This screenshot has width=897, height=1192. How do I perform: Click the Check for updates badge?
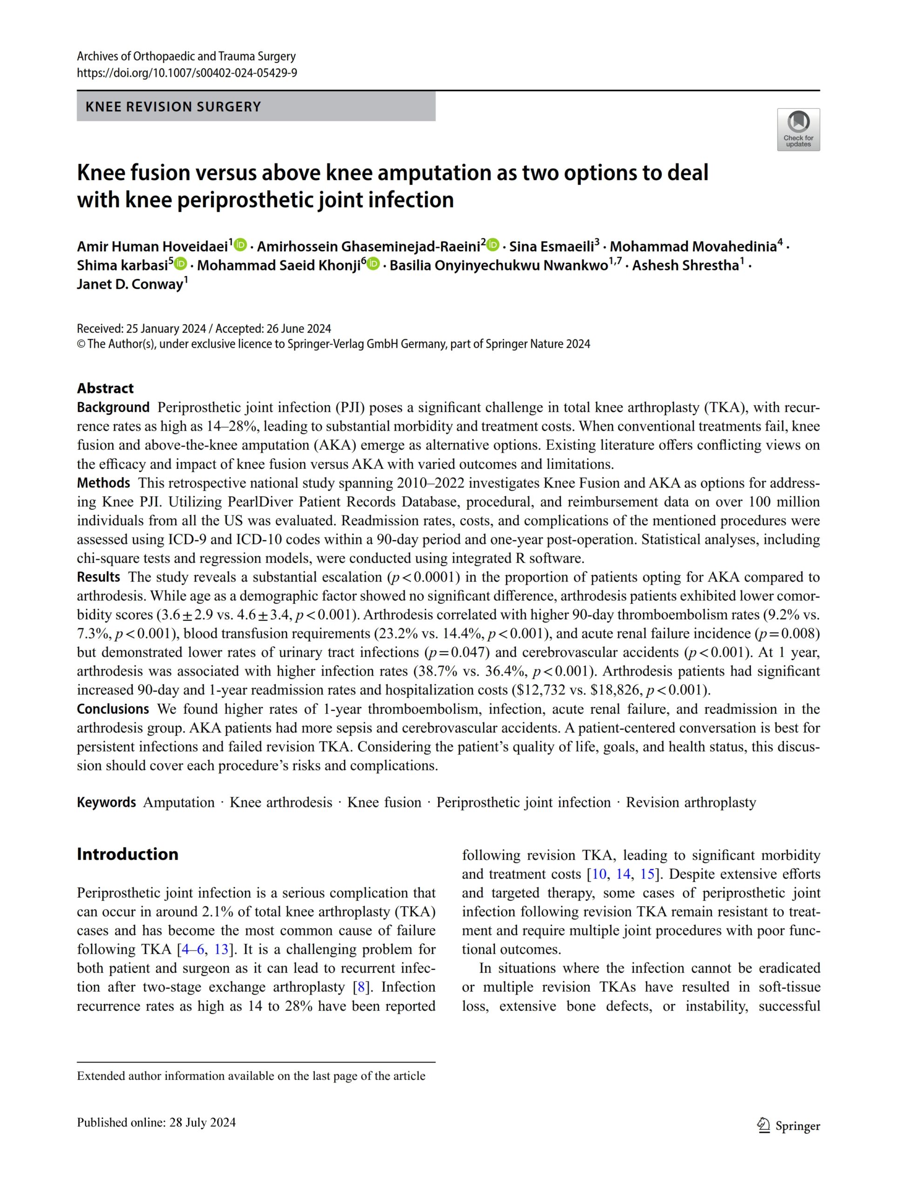[798, 129]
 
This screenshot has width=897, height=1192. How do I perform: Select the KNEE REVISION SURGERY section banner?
[256, 107]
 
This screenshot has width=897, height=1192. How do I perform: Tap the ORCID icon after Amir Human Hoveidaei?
[240, 245]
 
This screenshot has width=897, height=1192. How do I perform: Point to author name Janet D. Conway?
[130, 284]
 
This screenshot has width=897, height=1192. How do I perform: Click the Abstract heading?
[105, 388]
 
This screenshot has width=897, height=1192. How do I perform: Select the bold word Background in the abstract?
[113, 407]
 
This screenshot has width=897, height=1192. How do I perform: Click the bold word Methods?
[103, 483]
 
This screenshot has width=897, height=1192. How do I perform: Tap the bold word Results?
[99, 577]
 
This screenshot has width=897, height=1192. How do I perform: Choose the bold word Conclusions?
[113, 709]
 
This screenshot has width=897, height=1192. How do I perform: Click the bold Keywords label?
[106, 802]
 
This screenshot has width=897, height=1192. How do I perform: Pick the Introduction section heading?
[127, 854]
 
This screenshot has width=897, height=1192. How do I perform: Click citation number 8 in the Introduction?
[361, 987]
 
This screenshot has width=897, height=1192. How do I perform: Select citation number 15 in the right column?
[647, 874]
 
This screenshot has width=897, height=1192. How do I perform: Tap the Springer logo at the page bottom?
[788, 1126]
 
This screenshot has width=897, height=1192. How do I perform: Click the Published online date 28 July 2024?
[203, 1123]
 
